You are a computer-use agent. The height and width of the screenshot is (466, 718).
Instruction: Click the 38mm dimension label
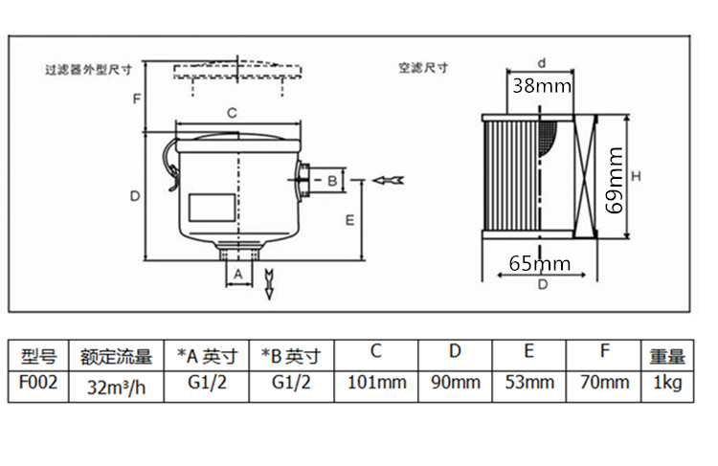tap(541, 85)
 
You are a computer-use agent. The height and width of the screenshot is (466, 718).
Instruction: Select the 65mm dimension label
tap(540, 263)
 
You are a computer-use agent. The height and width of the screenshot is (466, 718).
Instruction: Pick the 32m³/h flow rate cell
tap(116, 386)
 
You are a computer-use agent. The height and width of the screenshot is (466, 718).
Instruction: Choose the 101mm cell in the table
tap(375, 383)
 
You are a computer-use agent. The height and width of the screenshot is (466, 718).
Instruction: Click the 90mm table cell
tap(455, 383)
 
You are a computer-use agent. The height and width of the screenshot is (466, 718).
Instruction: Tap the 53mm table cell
tap(530, 383)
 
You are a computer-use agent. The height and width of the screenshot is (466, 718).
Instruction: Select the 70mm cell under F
tap(606, 383)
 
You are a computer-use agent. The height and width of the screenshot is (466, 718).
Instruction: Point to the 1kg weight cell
tap(667, 383)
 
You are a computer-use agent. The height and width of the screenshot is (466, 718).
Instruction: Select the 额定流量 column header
tap(116, 357)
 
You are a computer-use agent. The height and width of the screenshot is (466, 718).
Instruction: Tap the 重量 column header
tap(667, 357)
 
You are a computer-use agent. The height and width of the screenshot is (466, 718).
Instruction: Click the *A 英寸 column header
tap(206, 357)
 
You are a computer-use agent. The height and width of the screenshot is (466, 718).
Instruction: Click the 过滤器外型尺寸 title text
tap(87, 70)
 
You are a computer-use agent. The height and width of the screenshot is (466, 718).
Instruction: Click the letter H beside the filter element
tap(635, 176)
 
